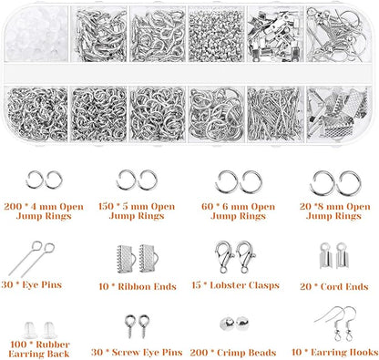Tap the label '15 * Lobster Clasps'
click(x=232, y=286)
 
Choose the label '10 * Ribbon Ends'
click(x=134, y=286)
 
